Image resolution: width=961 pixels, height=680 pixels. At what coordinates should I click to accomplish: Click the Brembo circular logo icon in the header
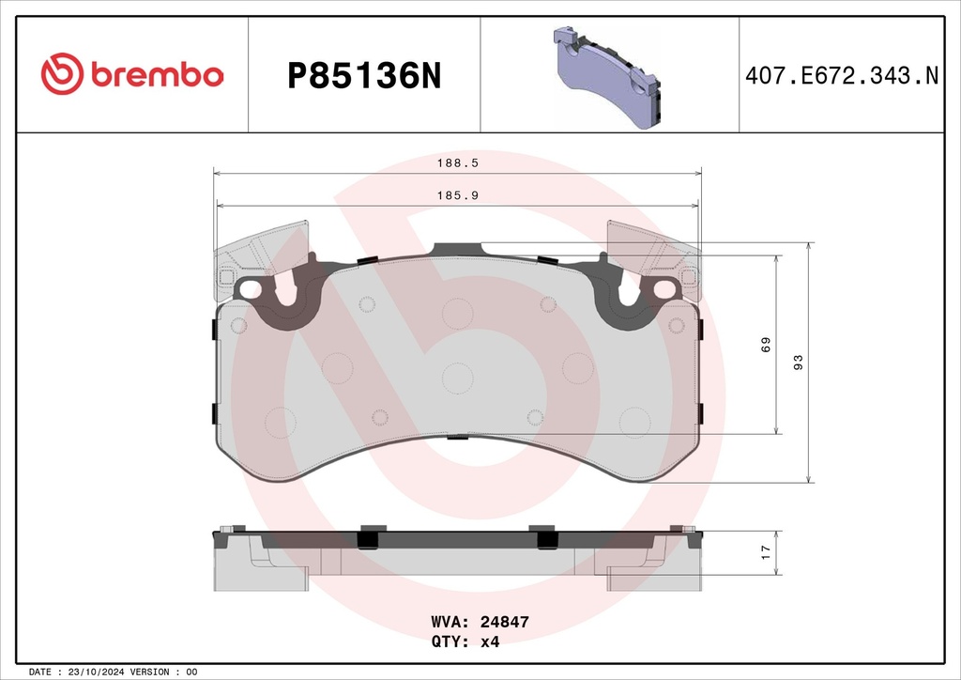tap(62, 73)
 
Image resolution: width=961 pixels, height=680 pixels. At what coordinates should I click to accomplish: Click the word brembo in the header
tap(158, 74)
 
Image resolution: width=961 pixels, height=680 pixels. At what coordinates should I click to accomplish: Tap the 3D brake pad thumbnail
tap(607, 77)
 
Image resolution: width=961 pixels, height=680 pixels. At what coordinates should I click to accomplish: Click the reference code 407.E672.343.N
tap(842, 76)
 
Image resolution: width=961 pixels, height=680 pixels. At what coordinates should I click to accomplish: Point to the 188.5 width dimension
tap(457, 163)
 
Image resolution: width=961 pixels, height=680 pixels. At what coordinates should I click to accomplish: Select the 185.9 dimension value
tap(457, 195)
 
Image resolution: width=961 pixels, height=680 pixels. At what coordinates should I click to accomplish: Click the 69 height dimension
tap(766, 345)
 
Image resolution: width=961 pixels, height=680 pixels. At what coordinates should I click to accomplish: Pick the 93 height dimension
tap(798, 363)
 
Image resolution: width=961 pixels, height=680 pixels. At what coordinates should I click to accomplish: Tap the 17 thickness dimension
tap(766, 552)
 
